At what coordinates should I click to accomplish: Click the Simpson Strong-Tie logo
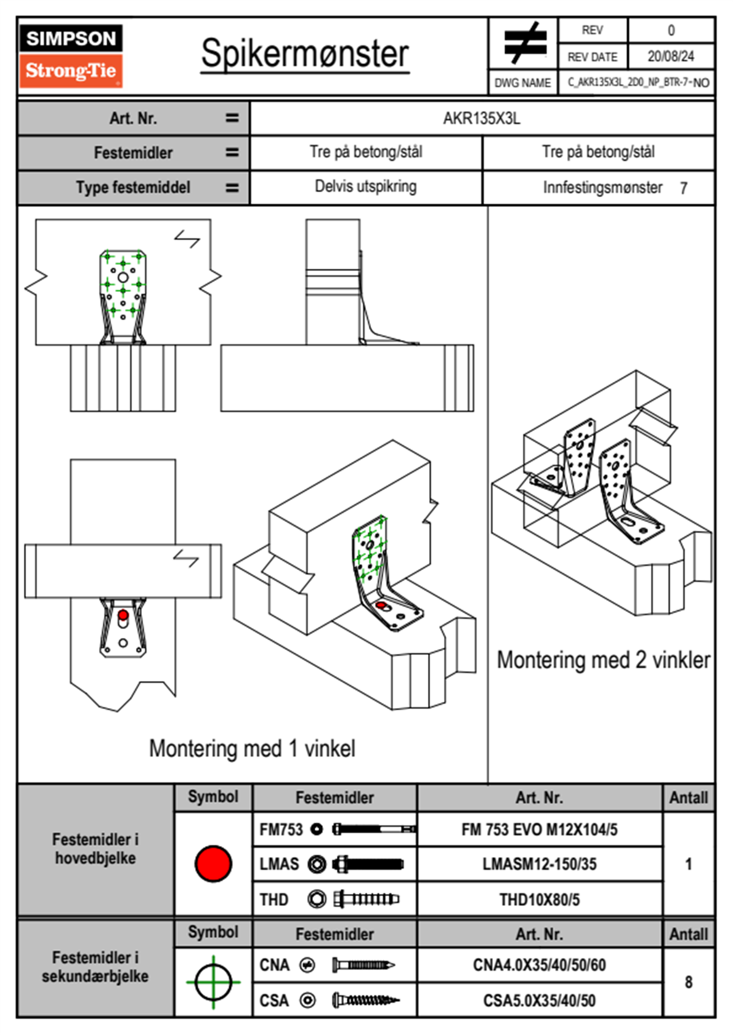[71, 56]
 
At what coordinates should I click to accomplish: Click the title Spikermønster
[305, 54]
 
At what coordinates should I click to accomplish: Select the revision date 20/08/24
[670, 57]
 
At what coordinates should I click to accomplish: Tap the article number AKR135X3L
[482, 118]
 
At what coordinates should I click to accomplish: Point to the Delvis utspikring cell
[365, 186]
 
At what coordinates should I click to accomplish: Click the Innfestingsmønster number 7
[683, 188]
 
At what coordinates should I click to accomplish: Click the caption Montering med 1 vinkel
[252, 748]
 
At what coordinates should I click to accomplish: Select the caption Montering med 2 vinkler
[603, 660]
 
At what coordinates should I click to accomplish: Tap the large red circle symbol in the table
[213, 863]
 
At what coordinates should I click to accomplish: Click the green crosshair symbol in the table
[213, 982]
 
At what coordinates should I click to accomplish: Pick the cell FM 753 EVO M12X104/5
[539, 829]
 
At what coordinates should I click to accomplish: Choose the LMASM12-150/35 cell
[539, 864]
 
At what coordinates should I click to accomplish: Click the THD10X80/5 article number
[539, 900]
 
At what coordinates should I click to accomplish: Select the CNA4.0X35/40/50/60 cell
[539, 965]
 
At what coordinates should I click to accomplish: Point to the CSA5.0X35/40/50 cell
[539, 1001]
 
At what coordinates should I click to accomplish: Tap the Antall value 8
[688, 982]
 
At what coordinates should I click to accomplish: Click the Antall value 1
[688, 864]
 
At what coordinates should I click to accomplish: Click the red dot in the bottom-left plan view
[123, 615]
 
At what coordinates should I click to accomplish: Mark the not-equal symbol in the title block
[524, 44]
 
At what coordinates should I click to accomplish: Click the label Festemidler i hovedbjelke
[95, 849]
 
